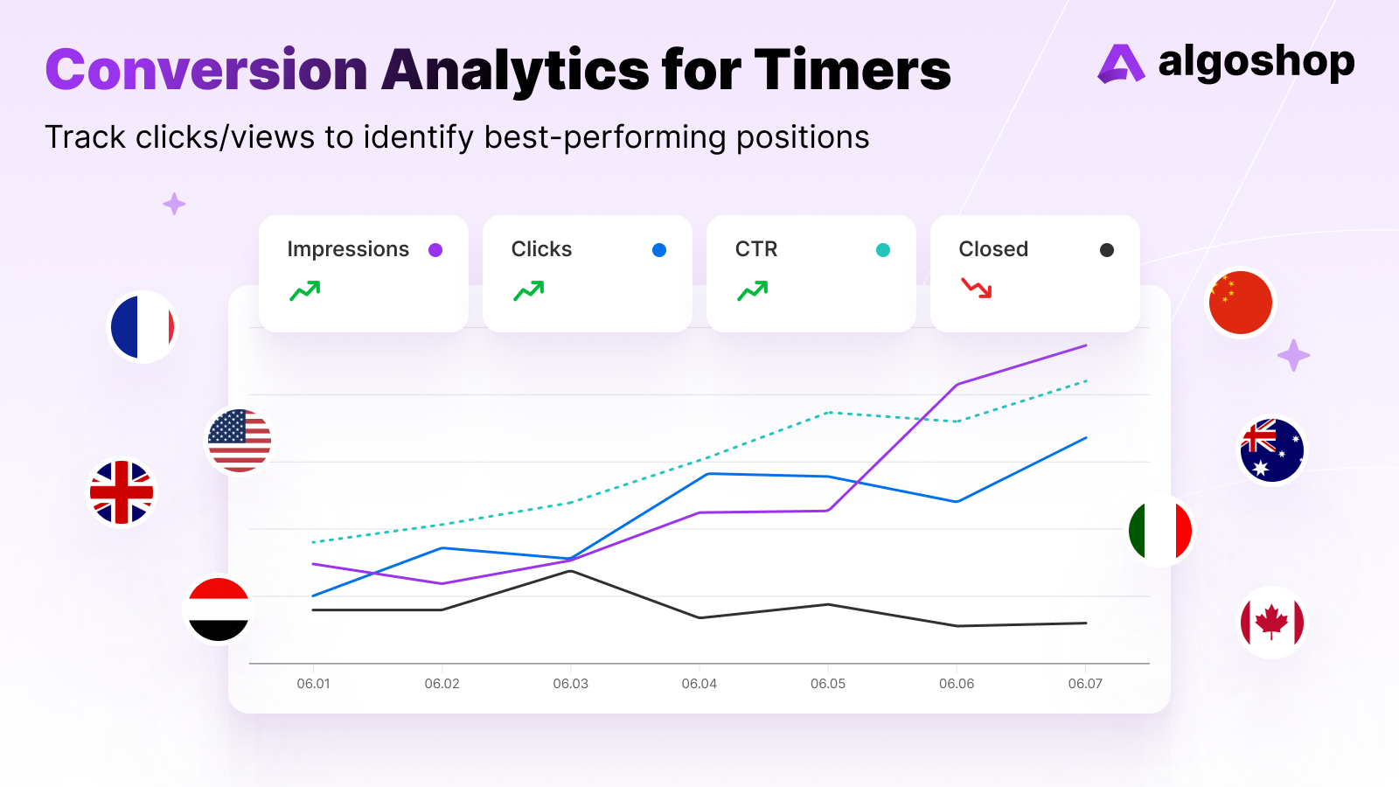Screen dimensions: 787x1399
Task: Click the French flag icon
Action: (x=143, y=327)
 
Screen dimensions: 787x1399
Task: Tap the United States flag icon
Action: (x=239, y=441)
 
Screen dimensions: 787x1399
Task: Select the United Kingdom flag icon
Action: (x=122, y=492)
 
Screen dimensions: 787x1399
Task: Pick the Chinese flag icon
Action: (x=1240, y=303)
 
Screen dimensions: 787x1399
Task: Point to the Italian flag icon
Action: (x=1160, y=530)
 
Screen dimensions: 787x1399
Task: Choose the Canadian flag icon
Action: (x=1272, y=623)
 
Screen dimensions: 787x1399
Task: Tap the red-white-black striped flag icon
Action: (x=219, y=609)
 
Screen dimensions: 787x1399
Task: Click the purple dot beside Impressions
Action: (x=435, y=250)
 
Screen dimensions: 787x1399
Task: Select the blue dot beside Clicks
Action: (x=659, y=250)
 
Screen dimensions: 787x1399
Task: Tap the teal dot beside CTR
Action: (x=883, y=250)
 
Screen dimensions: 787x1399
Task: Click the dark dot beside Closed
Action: (x=1107, y=250)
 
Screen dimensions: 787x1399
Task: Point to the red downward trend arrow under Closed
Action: (x=977, y=288)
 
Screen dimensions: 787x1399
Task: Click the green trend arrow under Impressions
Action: (x=305, y=290)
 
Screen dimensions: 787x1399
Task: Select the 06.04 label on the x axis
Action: (x=699, y=684)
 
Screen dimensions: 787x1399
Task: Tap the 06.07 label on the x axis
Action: (x=1085, y=684)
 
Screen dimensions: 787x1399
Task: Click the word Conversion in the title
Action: (x=206, y=70)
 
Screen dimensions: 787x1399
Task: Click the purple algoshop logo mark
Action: (x=1120, y=64)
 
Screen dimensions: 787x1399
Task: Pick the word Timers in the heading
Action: (x=853, y=70)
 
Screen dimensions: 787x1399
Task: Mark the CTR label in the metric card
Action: (x=756, y=249)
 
